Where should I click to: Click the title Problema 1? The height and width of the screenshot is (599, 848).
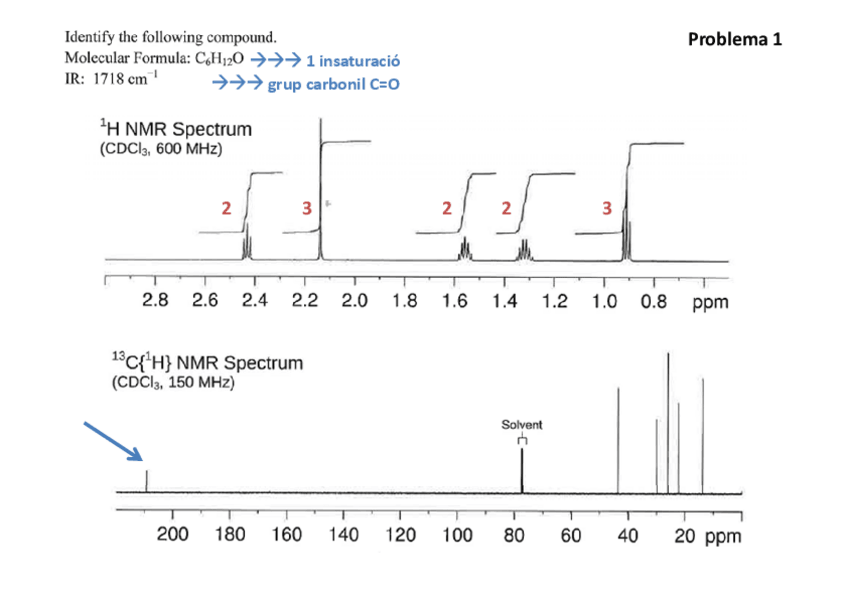pyautogui.click(x=735, y=40)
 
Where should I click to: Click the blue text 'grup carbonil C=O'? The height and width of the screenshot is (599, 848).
pyautogui.click(x=333, y=86)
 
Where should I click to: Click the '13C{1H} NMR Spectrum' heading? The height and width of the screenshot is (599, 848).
pyautogui.click(x=206, y=363)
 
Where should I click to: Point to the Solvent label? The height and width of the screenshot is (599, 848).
pyautogui.click(x=521, y=425)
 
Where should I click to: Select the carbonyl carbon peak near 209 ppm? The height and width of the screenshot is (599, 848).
pyautogui.click(x=147, y=480)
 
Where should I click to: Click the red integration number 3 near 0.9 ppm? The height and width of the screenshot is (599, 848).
pyautogui.click(x=605, y=208)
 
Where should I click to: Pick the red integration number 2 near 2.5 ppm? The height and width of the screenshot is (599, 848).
pyautogui.click(x=226, y=208)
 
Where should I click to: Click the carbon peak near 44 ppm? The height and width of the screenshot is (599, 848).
pyautogui.click(x=618, y=440)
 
